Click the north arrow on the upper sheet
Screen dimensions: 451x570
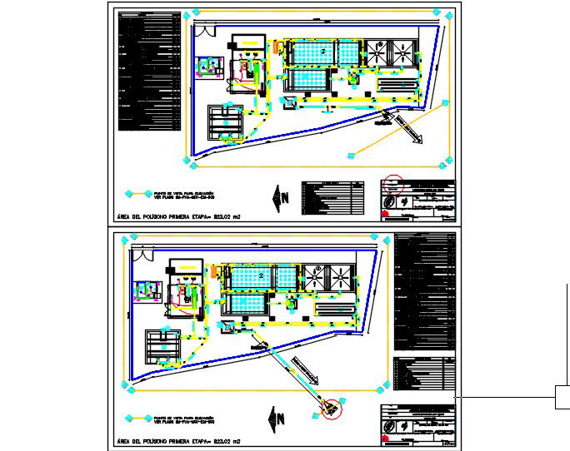280,196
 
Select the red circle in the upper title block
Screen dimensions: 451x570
394,181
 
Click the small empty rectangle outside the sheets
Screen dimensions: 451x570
562,398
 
